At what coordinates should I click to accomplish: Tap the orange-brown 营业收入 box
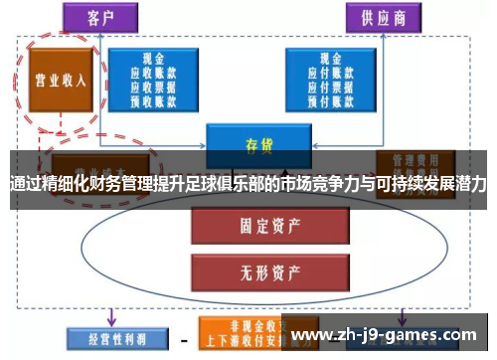[x=61, y=82]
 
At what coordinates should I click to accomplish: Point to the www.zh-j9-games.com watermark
[x=389, y=334]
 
